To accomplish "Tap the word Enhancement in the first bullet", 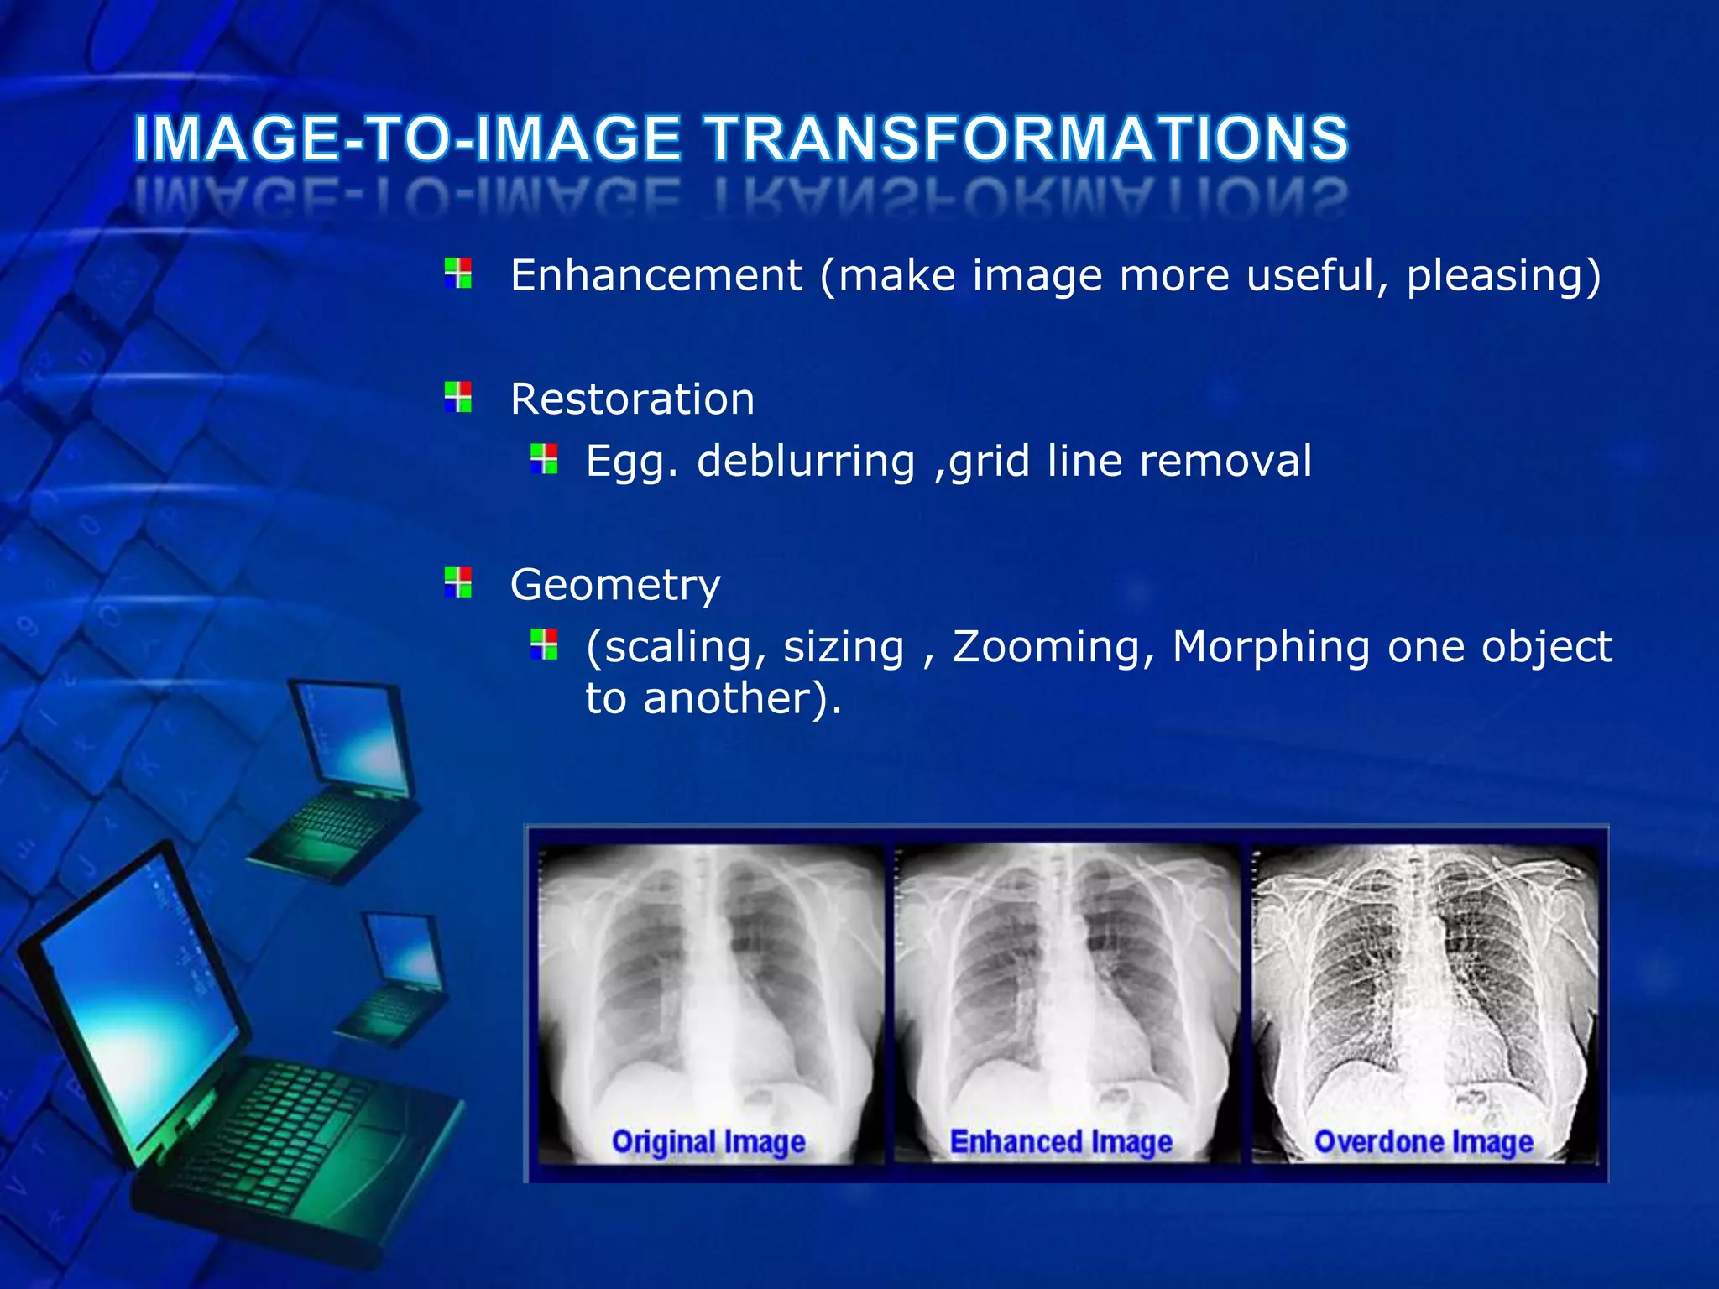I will [x=656, y=275].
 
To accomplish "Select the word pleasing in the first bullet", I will [x=1493, y=275].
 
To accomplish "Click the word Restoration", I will [x=632, y=399].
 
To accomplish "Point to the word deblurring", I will [x=806, y=461].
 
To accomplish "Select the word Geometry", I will [x=615, y=584].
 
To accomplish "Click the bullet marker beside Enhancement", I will [x=458, y=274].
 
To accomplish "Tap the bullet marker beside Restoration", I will [x=458, y=397].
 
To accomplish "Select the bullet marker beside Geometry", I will [x=458, y=582].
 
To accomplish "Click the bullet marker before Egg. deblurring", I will [x=544, y=459].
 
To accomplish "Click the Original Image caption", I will [x=708, y=1142].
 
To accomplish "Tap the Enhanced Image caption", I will [x=1061, y=1142].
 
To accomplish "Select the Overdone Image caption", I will [x=1424, y=1142].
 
